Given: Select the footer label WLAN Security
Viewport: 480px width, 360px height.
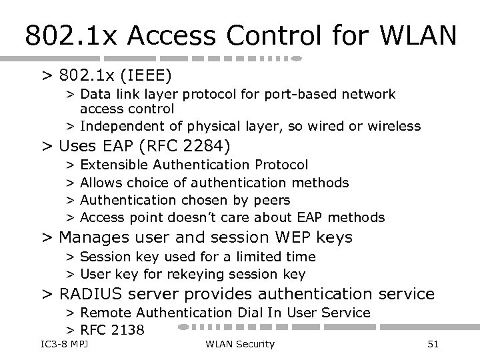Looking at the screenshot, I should (240, 344).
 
